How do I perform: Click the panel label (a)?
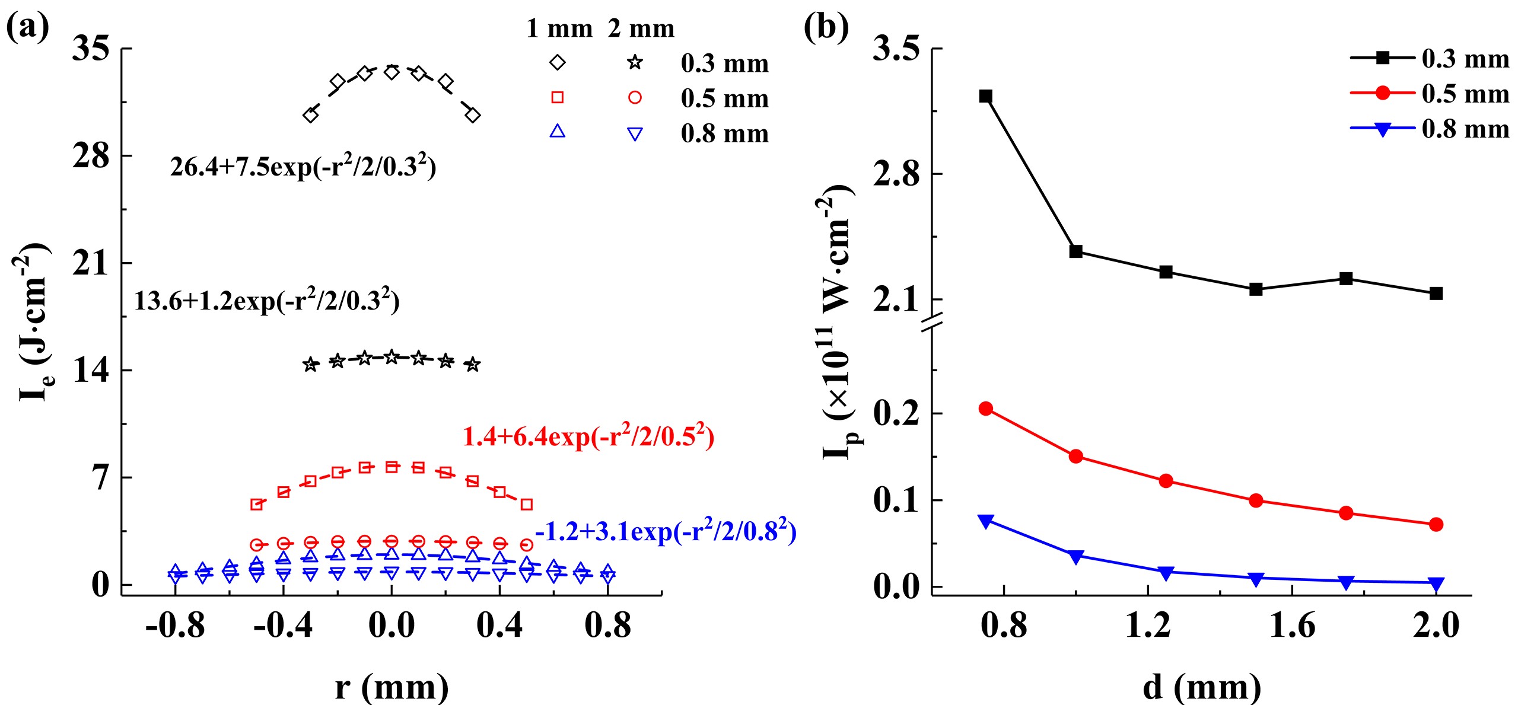click(x=27, y=27)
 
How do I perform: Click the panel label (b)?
click(x=826, y=27)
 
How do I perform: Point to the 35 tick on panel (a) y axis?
click(x=91, y=49)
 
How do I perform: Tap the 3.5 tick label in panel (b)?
click(x=896, y=49)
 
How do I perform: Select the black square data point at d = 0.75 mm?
click(x=986, y=96)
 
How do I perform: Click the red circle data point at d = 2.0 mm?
click(x=1436, y=524)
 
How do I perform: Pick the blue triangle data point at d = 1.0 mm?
click(x=1076, y=556)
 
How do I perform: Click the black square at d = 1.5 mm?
click(x=1256, y=289)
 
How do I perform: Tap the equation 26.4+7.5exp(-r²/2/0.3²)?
click(x=303, y=167)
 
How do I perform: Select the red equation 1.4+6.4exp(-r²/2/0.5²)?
click(x=588, y=437)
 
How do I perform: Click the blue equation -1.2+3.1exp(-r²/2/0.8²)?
click(x=666, y=531)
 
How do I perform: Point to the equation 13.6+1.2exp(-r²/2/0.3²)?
click(x=267, y=301)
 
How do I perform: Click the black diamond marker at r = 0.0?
click(x=392, y=72)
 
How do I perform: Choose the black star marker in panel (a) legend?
click(x=635, y=62)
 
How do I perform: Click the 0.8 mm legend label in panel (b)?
click(x=1465, y=129)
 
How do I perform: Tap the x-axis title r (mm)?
click(x=392, y=688)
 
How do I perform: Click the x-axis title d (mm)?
click(x=1202, y=688)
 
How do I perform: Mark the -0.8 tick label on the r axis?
click(x=175, y=626)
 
